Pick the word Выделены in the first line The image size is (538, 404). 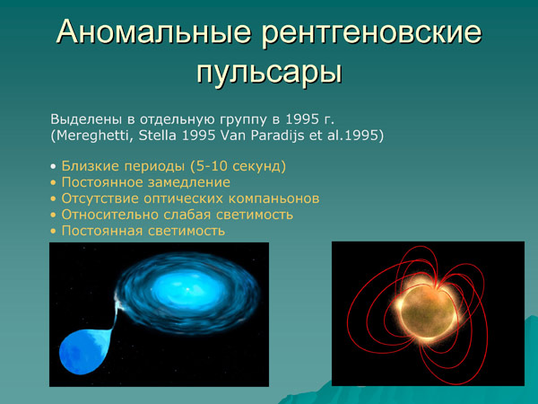82,119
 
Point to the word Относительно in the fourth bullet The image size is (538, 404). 105,215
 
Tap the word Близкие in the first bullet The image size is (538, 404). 87,166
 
